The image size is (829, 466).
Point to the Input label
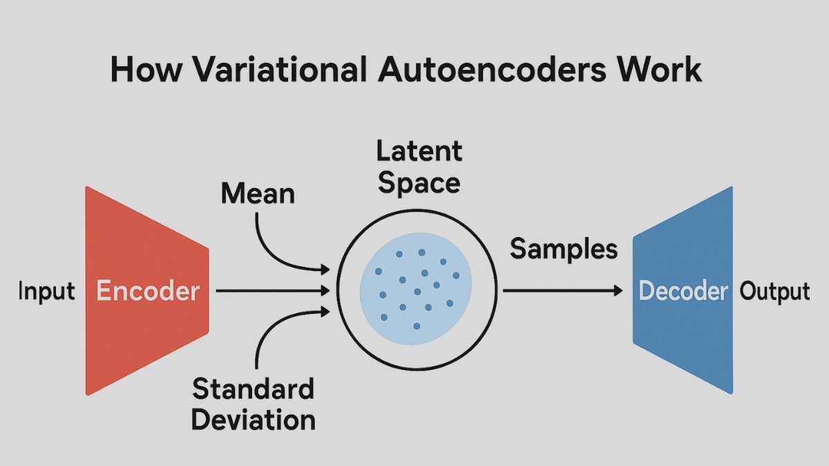pyautogui.click(x=46, y=291)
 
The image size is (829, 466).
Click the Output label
pyautogui.click(x=774, y=291)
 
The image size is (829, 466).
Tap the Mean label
pyautogui.click(x=258, y=194)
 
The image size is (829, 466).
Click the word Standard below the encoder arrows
pyautogui.click(x=253, y=389)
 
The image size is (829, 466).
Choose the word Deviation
pyautogui.click(x=253, y=419)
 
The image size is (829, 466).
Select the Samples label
pyautogui.click(x=564, y=249)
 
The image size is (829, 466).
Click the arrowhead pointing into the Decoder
pyautogui.click(x=618, y=291)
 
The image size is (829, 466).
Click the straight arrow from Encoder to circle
pyautogui.click(x=273, y=291)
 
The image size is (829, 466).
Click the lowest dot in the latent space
pyautogui.click(x=416, y=326)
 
